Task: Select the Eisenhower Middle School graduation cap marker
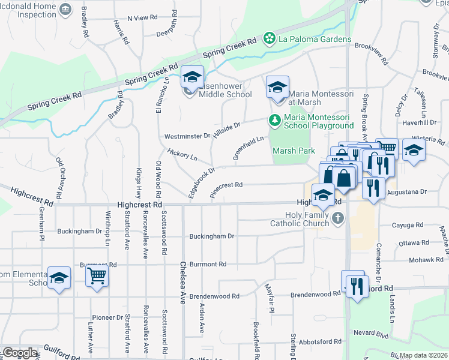pos(192,77)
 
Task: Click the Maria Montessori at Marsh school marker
pos(277,87)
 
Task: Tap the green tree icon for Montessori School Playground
pos(274,121)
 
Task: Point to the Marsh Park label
pos(294,150)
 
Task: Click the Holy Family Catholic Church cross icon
pos(339,218)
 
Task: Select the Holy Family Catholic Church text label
pos(307,218)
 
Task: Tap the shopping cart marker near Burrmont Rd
pos(96,277)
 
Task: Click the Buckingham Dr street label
pos(211,236)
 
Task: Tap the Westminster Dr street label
pos(187,137)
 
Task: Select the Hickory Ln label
pos(182,155)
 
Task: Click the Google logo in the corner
pos(20,353)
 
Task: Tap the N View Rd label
pos(142,18)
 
